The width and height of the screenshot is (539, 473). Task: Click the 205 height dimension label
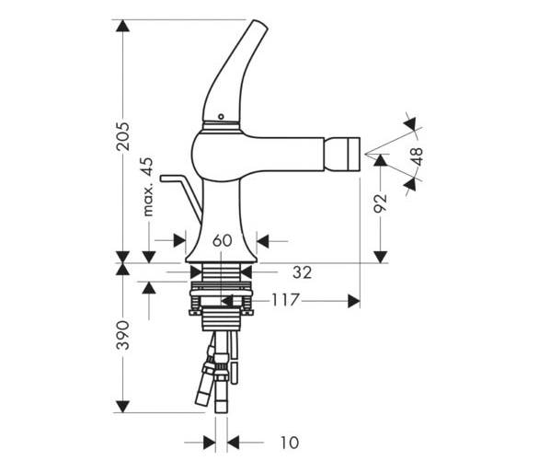click(x=123, y=136)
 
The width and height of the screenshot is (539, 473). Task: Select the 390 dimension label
click(x=122, y=335)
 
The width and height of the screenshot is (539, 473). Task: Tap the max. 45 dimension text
click(x=148, y=187)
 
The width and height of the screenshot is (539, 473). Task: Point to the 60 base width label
click(x=223, y=240)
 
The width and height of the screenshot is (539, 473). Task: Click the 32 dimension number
click(x=303, y=272)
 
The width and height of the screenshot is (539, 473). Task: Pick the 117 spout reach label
click(x=286, y=300)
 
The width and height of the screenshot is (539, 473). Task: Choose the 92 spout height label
click(x=381, y=203)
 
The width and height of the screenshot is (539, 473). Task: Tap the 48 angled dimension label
click(x=417, y=156)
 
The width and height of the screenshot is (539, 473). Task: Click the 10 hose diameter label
click(x=290, y=443)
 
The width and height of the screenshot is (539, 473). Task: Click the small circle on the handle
click(x=221, y=117)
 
